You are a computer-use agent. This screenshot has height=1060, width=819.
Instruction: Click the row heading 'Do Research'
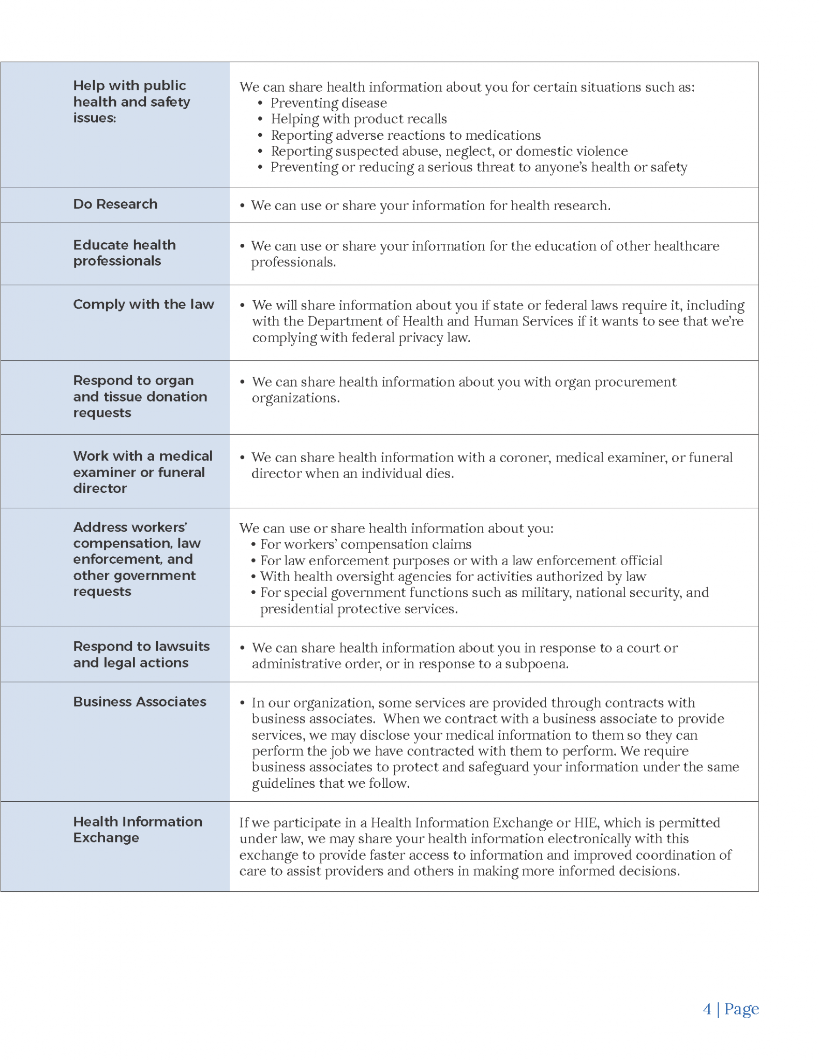coord(115,204)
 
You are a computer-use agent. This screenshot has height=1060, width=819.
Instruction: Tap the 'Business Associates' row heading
coord(139,701)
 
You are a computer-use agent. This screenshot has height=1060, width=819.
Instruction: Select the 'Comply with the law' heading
coord(143,304)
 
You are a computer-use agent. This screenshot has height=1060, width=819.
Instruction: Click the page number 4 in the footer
coord(707,1008)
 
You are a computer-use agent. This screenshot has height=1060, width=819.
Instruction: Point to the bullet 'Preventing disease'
coord(328,103)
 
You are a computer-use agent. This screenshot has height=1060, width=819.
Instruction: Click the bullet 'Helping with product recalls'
coord(358,119)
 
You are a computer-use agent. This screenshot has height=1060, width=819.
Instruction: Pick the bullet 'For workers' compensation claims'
coord(365,544)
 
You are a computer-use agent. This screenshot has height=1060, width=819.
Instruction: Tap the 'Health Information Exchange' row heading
coord(137,829)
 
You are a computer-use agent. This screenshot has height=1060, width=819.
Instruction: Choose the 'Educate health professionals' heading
coord(124,253)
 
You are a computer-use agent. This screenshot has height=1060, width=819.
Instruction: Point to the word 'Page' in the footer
coord(741,1008)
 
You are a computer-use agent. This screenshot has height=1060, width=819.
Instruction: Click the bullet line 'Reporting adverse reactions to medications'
coord(405,135)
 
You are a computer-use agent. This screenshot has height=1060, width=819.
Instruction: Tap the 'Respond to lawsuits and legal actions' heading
coord(141,654)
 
